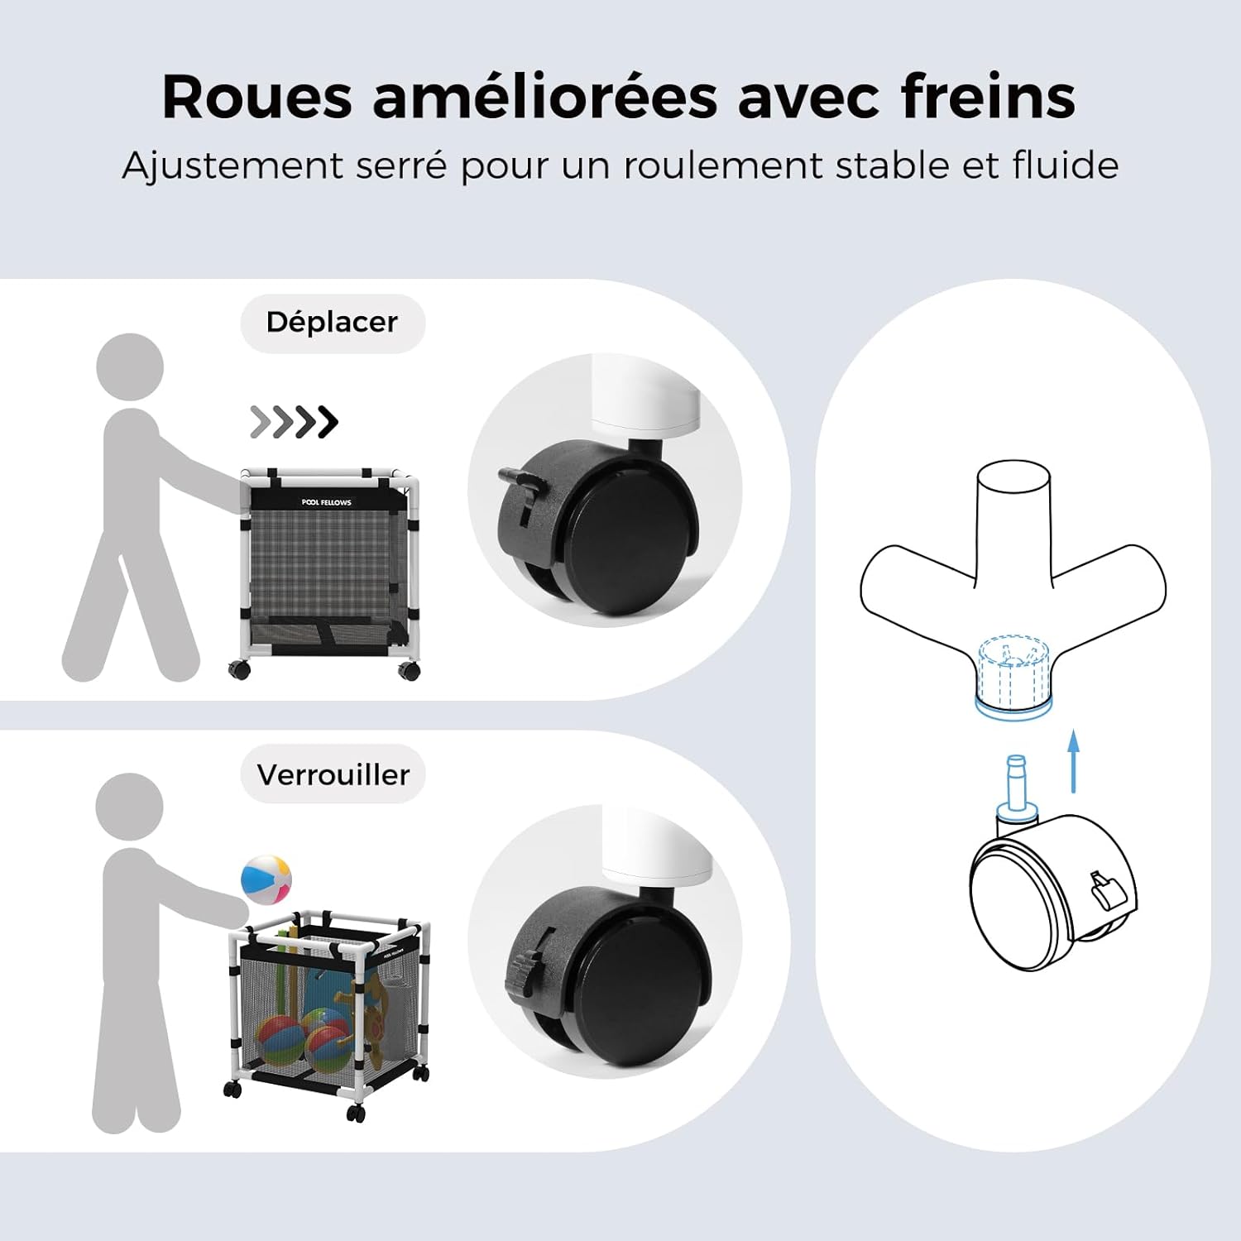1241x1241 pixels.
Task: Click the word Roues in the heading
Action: pyautogui.click(x=257, y=98)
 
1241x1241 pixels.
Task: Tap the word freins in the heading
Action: pyautogui.click(x=989, y=97)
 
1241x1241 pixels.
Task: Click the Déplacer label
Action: pyautogui.click(x=332, y=323)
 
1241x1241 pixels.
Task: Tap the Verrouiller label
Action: pyautogui.click(x=333, y=775)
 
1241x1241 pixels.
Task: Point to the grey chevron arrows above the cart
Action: pyautogui.click(x=294, y=422)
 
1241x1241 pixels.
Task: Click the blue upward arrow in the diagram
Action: pyautogui.click(x=1073, y=761)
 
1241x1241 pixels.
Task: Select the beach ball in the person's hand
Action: pyautogui.click(x=266, y=880)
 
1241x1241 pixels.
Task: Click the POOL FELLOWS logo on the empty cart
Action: pyautogui.click(x=326, y=502)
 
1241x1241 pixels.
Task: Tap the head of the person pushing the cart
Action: pyautogui.click(x=130, y=367)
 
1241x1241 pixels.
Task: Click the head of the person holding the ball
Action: pyautogui.click(x=129, y=807)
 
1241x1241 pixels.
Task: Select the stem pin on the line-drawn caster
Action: pyautogui.click(x=1017, y=786)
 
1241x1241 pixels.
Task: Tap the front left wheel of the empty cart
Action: pyautogui.click(x=240, y=668)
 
